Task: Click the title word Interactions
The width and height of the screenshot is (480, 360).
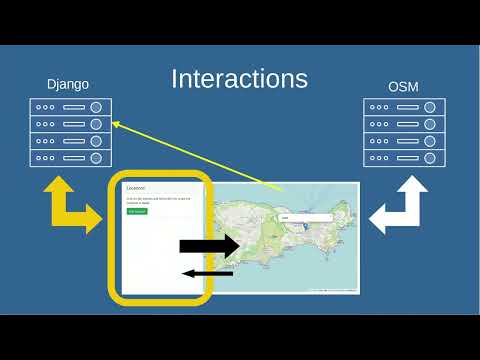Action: pos(239,79)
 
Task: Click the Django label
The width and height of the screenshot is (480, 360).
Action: pos(69,85)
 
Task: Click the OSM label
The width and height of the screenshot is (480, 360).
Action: pos(403,86)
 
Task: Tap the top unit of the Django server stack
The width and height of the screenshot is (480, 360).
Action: pos(69,107)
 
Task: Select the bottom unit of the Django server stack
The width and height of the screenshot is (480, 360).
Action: pos(69,158)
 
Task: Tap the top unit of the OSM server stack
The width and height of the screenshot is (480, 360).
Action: pos(403,107)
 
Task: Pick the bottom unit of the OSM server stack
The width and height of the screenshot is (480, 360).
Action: pos(403,158)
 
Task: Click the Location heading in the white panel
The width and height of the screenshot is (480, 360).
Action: pos(136,187)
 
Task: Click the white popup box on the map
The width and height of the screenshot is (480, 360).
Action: pos(304,217)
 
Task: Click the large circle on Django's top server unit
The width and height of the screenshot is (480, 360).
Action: pos(96,107)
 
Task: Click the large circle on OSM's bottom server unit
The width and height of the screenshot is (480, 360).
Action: pos(430,158)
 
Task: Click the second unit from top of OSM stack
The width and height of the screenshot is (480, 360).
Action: pos(403,124)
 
